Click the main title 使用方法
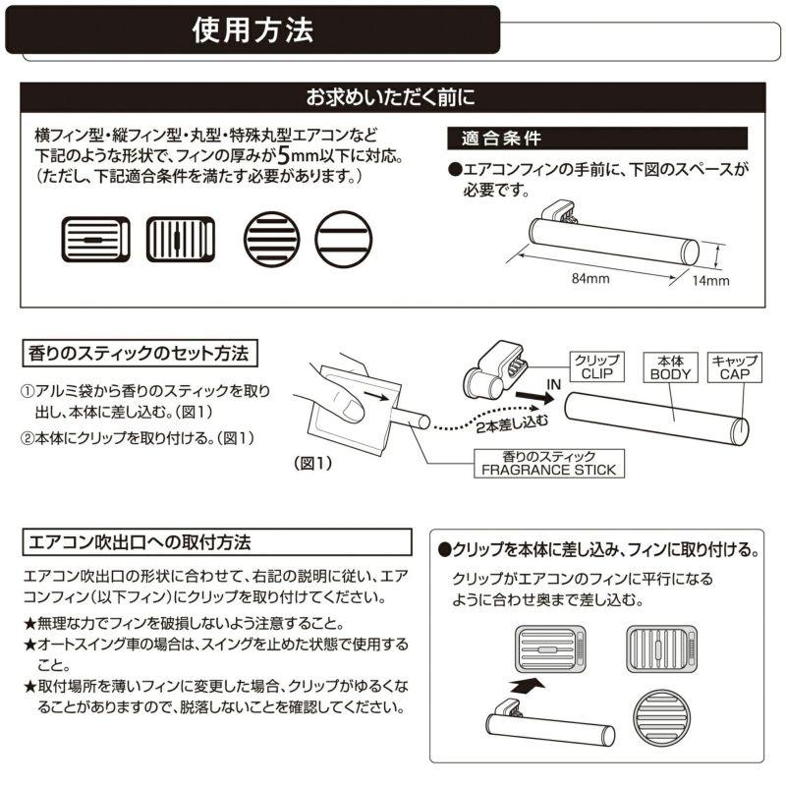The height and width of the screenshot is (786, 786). pyautogui.click(x=253, y=29)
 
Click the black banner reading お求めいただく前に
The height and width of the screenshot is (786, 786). pyautogui.click(x=392, y=98)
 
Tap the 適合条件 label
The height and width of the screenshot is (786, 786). pyautogui.click(x=495, y=138)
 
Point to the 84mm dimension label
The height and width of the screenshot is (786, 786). pyautogui.click(x=591, y=278)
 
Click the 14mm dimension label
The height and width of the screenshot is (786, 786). pyautogui.click(x=710, y=281)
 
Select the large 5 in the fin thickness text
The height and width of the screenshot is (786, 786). pyautogui.click(x=284, y=156)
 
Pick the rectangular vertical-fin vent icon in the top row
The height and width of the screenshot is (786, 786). pyautogui.click(x=180, y=238)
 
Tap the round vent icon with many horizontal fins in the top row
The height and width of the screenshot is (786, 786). pyautogui.click(x=269, y=238)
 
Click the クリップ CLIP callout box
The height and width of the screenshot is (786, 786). pyautogui.click(x=596, y=366)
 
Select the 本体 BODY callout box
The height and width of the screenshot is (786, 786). pyautogui.click(x=671, y=366)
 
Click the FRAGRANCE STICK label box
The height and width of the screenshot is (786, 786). pyautogui.click(x=548, y=463)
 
